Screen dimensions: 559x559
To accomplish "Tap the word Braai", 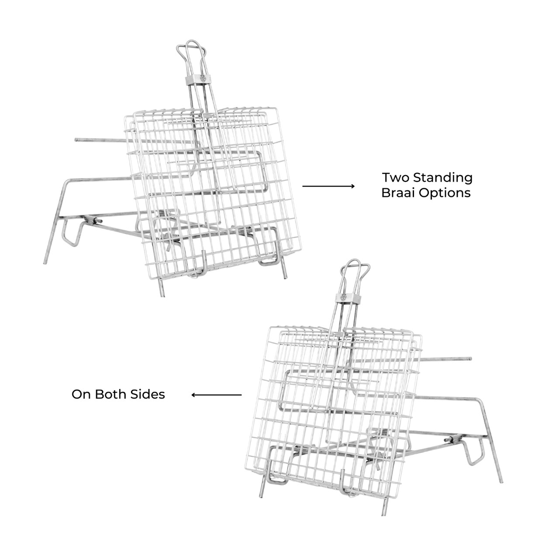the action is pos(398,193).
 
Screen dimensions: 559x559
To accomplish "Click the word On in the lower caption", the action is pos(82,394).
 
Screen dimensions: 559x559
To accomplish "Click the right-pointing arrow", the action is pos(328,186).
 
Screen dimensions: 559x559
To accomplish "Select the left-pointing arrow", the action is pos(217,395).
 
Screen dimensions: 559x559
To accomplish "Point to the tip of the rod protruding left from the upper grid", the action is pos(76,140).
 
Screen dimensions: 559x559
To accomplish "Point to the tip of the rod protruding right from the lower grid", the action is pos(470,359).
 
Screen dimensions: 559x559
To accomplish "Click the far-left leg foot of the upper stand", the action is pos(45,263).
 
